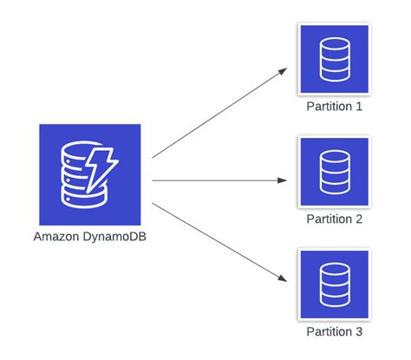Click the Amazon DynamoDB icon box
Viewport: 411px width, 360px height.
89,173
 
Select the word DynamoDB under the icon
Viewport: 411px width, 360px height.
114,236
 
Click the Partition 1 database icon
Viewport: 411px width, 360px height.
333,59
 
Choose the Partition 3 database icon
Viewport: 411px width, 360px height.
333,282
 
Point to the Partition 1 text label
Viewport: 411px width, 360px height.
333,107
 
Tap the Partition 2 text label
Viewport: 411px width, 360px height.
333,219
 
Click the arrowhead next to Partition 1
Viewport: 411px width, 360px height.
283,70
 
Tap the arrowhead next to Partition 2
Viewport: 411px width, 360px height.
283,180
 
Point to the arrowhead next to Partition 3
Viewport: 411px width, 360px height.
283,278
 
